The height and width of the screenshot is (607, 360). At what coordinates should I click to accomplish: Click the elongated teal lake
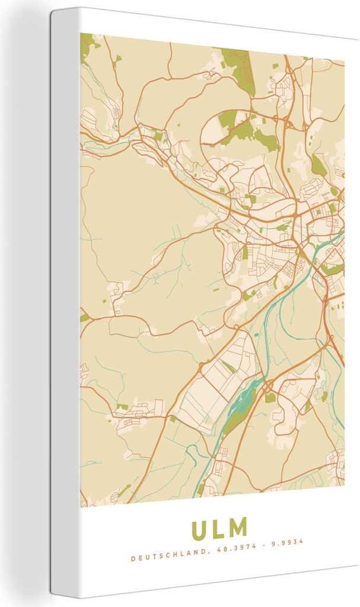click(x=244, y=398)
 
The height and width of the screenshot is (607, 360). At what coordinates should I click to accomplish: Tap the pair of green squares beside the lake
click(x=270, y=398)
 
